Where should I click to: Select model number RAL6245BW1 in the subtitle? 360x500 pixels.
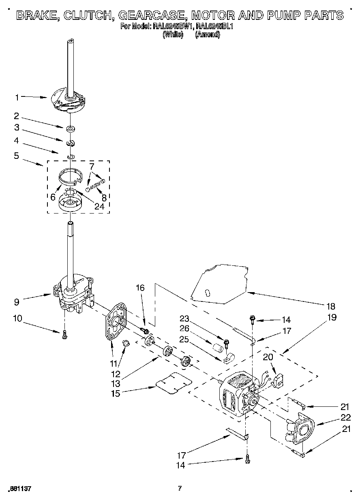pos(172,27)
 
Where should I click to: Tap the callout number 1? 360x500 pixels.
pos(17,97)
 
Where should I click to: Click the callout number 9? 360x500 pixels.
pos(16,302)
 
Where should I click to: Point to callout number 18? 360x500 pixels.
pos(331,306)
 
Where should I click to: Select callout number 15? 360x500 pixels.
pos(116,393)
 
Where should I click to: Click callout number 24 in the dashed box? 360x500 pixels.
pos(99,206)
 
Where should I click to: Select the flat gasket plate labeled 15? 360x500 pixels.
pos(174,383)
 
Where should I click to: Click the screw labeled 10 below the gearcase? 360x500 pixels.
pos(64,334)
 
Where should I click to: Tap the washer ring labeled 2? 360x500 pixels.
pos(71,129)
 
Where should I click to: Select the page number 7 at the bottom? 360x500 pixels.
pos(179,488)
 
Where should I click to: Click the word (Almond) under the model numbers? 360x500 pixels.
pos(207,35)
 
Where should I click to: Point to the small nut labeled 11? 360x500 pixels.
pos(126,344)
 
